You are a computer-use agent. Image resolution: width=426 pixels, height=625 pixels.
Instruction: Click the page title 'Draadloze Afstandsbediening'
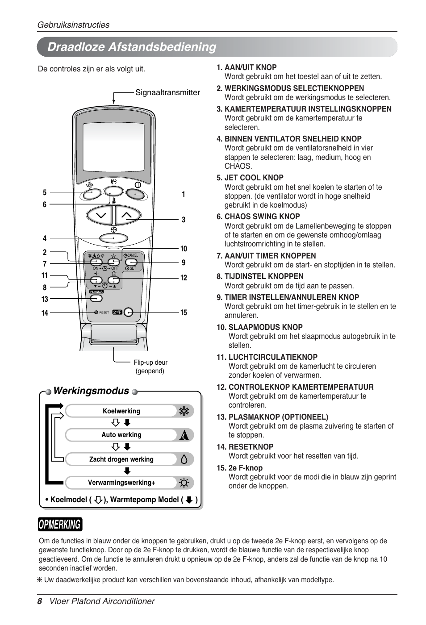point(132,47)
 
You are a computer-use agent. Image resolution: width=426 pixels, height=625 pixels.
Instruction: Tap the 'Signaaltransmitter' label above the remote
point(167,92)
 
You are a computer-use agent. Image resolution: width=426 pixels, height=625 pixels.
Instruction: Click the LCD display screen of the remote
point(114,147)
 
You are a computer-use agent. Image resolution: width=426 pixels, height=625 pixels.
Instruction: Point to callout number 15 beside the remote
point(184,312)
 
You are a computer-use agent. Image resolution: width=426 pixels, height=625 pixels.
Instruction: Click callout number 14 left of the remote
point(45,313)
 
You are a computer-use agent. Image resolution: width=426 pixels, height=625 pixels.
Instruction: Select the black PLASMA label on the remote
point(96,292)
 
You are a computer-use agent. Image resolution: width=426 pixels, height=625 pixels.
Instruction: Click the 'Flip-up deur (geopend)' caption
point(150,367)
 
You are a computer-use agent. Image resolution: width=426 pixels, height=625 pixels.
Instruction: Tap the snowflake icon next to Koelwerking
point(184,411)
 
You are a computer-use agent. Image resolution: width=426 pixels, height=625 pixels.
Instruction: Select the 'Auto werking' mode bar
point(121,435)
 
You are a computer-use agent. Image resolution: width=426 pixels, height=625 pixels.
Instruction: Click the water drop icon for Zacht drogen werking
point(184,459)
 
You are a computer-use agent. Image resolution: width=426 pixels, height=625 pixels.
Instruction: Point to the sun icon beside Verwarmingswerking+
point(184,483)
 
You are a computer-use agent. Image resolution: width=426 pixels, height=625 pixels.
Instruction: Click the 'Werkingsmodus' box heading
point(91,391)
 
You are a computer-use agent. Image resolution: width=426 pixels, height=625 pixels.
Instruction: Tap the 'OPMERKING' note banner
point(60,524)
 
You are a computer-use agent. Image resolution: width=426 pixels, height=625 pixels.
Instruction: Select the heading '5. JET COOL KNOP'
point(250,178)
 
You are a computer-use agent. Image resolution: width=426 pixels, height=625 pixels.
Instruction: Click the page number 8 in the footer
point(40,601)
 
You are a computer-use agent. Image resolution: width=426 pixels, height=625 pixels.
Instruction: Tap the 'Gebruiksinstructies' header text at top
point(73,25)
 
